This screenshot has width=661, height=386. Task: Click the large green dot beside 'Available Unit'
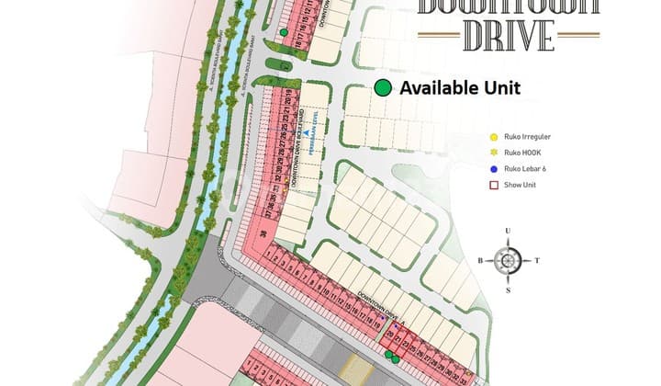pos(384,88)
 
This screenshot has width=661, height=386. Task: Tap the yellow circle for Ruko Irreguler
pos(494,138)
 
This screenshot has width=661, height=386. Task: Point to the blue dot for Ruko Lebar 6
pos(494,169)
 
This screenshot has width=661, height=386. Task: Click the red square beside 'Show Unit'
pos(494,185)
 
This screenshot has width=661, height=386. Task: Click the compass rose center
pos(508,260)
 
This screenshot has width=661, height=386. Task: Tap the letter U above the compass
pos(508,232)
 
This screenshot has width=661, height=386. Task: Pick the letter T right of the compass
pos(538,261)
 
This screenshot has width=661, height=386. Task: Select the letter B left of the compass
pos(479,261)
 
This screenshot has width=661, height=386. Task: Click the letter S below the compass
pos(508,290)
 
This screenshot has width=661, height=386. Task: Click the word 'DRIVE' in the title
pos(509,34)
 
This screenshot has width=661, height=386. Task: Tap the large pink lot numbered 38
pos(263,235)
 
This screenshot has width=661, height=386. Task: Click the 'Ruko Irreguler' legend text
pos(526,138)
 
